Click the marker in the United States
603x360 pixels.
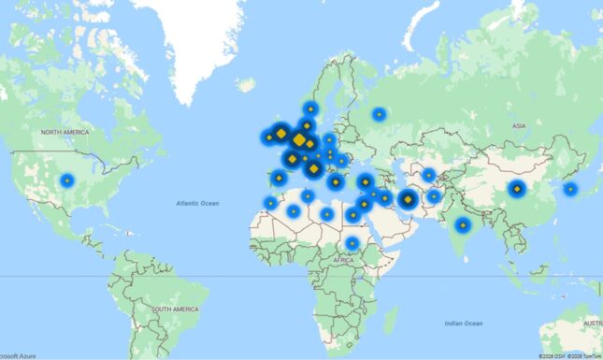point(66,180)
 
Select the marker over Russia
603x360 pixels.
point(379,115)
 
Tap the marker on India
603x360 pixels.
point(462,225)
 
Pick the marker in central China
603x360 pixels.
point(516,190)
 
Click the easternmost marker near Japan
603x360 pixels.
point(570,189)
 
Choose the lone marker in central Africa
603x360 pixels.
point(352,244)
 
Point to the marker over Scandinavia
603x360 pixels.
point(310,109)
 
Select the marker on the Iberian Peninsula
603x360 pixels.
point(278,178)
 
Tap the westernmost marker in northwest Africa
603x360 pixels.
point(270,203)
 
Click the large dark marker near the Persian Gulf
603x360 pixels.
point(408,199)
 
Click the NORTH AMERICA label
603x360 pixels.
point(65,133)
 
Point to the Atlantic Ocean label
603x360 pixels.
point(197,203)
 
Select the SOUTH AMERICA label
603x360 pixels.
point(175,309)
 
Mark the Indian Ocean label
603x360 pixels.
point(464,323)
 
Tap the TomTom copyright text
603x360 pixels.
point(584,355)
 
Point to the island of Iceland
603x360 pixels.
point(245,84)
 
